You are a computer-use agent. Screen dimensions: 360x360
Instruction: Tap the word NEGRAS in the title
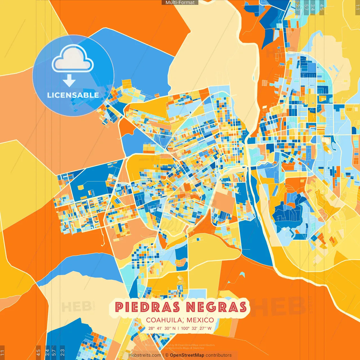pyautogui.click(x=216, y=307)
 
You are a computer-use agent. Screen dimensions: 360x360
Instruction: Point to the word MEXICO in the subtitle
pyautogui.click(x=200, y=320)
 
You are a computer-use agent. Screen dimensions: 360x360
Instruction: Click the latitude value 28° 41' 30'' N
pyautogui.click(x=162, y=328)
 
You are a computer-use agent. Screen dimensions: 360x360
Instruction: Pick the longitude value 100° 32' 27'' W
pyautogui.click(x=196, y=328)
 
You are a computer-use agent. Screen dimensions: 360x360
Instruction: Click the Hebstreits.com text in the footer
pyautogui.click(x=145, y=355)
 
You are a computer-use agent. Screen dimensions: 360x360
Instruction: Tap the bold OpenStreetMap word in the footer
pyautogui.click(x=187, y=355)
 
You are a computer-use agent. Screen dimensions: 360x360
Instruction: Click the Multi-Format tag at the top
pyautogui.click(x=180, y=3)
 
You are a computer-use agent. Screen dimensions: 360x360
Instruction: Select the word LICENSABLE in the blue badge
pyautogui.click(x=73, y=95)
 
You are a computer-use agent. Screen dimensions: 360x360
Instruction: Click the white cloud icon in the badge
pyautogui.click(x=73, y=59)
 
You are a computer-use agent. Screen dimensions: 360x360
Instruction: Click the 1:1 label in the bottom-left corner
pyautogui.click(x=2, y=353)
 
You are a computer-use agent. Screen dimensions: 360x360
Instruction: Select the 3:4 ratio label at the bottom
pyautogui.click(x=47, y=353)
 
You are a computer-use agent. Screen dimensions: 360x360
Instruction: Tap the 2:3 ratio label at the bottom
pyautogui.click(x=62, y=353)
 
